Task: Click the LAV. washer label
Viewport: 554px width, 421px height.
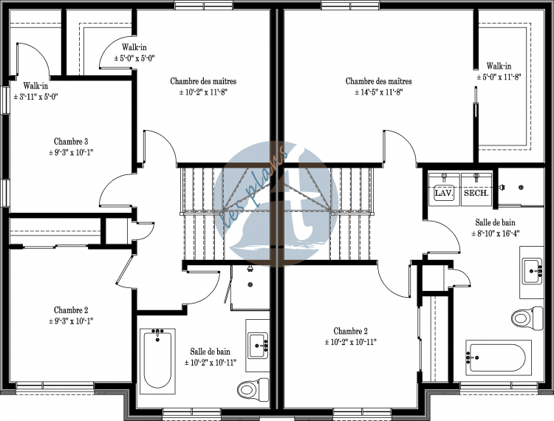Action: click(444, 194)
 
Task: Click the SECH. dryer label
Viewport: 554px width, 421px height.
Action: click(476, 194)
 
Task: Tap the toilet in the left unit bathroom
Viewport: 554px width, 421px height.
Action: click(253, 389)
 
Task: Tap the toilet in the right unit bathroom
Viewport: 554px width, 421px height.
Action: click(527, 318)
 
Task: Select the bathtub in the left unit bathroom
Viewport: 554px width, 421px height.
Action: click(157, 361)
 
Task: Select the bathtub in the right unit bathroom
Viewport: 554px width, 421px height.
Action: click(499, 357)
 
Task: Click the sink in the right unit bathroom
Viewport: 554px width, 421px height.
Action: click(533, 270)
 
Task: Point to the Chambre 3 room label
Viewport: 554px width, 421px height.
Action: click(71, 142)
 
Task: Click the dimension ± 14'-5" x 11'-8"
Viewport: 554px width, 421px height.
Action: click(379, 92)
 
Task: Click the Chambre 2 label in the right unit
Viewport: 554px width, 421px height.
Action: click(350, 332)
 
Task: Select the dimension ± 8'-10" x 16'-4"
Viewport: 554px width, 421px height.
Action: click(495, 233)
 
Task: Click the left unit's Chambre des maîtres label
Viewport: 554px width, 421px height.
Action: click(203, 81)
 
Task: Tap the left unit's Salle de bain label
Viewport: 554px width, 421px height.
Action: click(210, 352)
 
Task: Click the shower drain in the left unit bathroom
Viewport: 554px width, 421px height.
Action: click(250, 284)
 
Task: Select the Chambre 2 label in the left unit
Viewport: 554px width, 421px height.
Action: click(71, 310)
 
